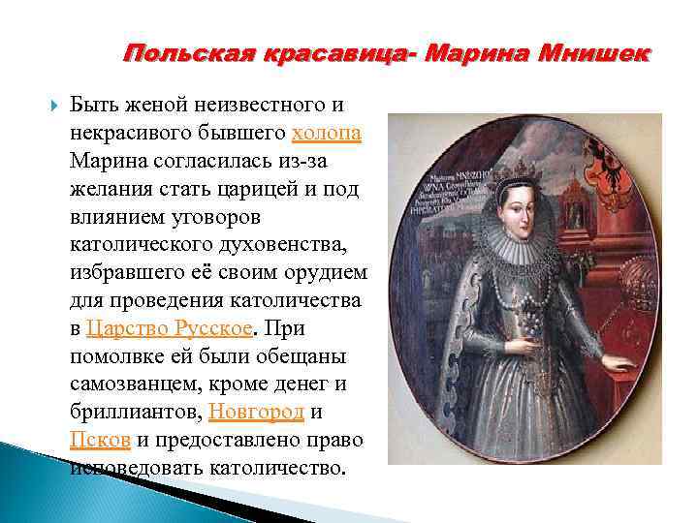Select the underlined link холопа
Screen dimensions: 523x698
click(x=326, y=133)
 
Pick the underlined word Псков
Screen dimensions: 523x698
click(x=100, y=440)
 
